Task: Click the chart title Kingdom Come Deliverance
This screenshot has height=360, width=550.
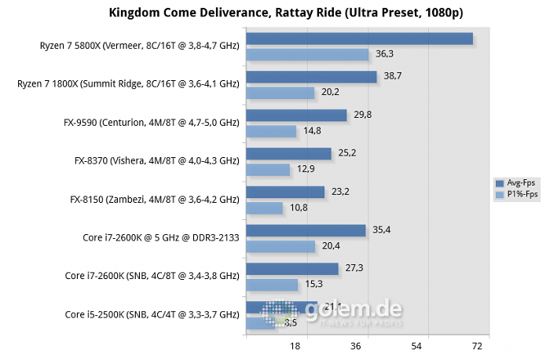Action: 274,13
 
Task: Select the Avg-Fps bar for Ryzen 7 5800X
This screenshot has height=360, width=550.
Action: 359,39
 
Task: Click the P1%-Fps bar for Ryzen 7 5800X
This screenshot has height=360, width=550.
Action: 307,54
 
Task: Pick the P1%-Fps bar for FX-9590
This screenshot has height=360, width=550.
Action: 271,131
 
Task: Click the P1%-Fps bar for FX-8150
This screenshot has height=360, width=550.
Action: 264,208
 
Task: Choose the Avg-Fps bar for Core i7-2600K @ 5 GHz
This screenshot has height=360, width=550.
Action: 306,230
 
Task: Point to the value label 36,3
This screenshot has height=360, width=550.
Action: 385,54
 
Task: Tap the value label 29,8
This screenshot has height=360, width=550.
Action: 363,116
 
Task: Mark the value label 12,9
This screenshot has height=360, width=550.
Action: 306,169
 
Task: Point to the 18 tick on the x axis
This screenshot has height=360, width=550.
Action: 296,346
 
